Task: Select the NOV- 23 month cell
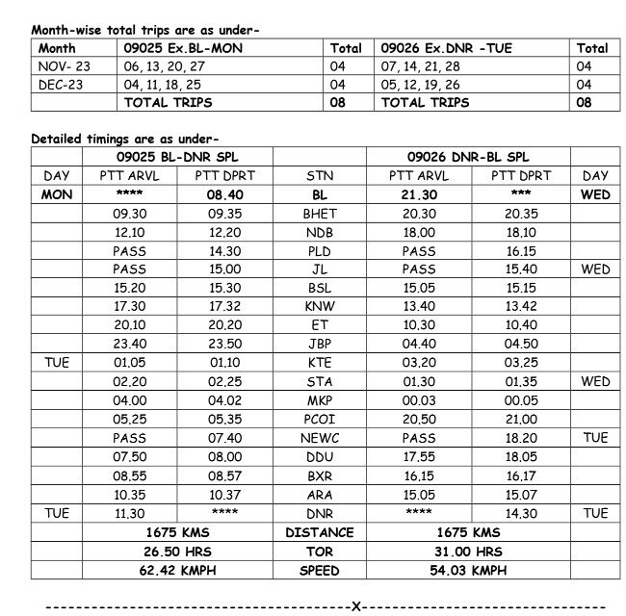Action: pyautogui.click(x=63, y=65)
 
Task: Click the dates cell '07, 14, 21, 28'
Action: pyautogui.click(x=421, y=65)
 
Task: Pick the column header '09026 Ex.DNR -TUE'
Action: pyautogui.click(x=440, y=47)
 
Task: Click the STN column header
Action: pyautogui.click(x=320, y=176)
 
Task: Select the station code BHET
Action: pyautogui.click(x=320, y=214)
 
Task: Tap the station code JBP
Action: pyautogui.click(x=320, y=345)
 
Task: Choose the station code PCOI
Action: pyautogui.click(x=320, y=420)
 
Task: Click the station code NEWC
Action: pyautogui.click(x=320, y=438)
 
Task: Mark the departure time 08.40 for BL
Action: pyautogui.click(x=225, y=194)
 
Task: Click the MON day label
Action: pyautogui.click(x=57, y=194)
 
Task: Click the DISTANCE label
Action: pyautogui.click(x=320, y=532)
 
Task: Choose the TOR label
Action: pyautogui.click(x=320, y=552)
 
